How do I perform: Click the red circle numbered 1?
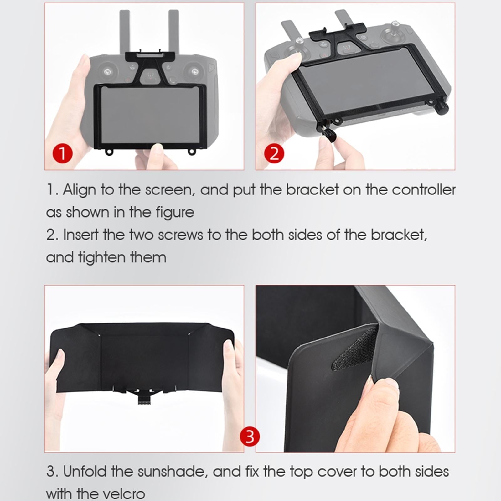62,154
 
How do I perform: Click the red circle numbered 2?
274,154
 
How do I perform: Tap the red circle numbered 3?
250,436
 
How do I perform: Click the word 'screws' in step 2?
180,235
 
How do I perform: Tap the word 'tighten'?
101,257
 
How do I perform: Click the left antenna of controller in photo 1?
125,31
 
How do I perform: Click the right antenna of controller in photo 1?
173,31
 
